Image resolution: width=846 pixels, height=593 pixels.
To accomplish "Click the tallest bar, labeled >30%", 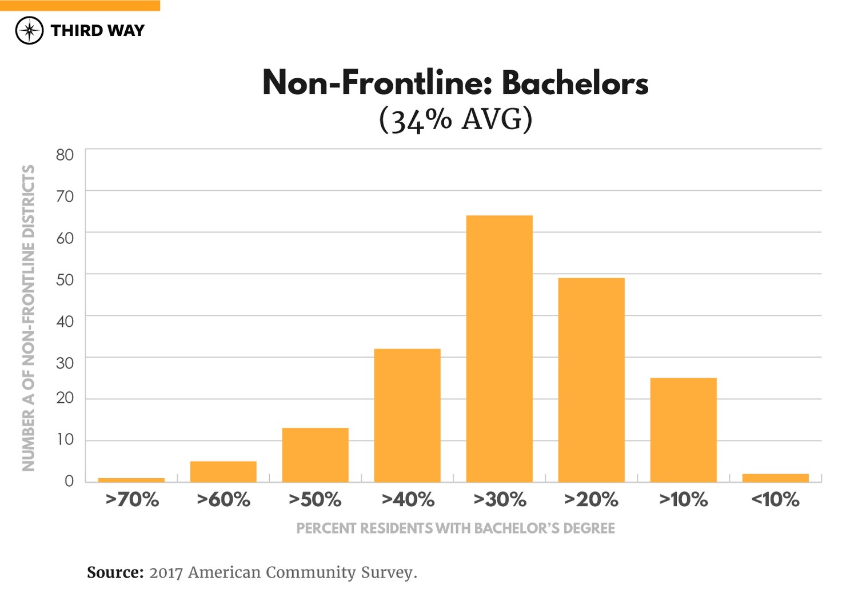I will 499,348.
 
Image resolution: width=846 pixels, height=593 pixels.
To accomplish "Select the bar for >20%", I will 591,380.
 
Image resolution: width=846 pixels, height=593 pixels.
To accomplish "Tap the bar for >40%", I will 407,415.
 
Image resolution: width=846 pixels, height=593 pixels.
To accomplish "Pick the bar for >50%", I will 315,455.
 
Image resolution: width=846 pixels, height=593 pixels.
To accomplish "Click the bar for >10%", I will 683,430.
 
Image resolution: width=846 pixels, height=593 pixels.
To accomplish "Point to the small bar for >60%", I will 223,471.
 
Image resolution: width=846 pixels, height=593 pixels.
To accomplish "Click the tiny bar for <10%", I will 775,478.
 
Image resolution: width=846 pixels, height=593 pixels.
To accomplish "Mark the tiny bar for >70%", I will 131,480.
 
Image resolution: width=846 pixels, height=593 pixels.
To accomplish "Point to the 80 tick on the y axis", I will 65,154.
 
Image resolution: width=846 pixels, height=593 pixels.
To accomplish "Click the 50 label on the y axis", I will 65,279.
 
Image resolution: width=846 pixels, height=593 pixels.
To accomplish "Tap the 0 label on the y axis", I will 69,480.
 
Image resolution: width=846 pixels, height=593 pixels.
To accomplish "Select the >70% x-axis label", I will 132,500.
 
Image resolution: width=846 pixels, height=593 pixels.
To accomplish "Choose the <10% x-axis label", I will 775,500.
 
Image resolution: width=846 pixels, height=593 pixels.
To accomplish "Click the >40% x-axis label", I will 408,500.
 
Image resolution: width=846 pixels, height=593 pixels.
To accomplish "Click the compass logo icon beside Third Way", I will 29,30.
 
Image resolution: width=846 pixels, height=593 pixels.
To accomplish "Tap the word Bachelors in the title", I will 574,83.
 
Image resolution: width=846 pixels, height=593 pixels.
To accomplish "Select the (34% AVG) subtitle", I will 456,119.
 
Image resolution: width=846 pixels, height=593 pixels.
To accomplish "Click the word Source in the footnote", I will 115,572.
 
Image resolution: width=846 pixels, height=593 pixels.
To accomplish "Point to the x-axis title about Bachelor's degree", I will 455,528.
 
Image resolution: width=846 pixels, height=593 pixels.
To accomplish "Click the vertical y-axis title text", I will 28,318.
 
